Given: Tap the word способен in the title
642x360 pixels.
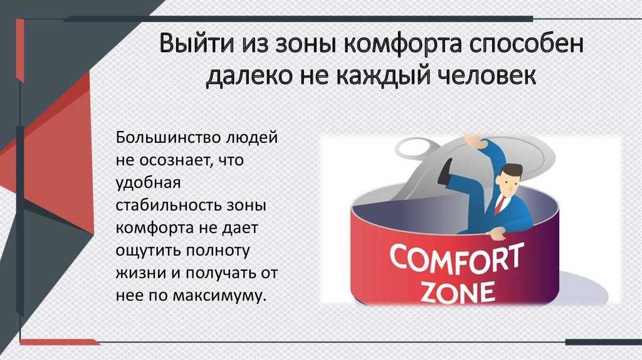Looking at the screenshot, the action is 526,44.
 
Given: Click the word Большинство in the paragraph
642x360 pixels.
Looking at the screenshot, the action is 168,137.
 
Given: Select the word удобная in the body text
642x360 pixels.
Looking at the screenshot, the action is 148,183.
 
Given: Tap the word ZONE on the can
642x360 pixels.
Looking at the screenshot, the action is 457,292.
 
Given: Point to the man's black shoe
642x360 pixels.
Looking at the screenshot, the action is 445,171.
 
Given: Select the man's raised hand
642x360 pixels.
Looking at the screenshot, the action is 475,141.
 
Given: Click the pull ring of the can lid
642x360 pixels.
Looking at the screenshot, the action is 414,147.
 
